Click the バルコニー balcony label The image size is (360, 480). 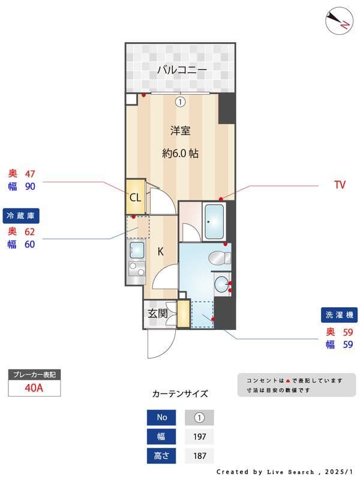pos(182,70)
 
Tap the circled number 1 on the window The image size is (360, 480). pos(179,101)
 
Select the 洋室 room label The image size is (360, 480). pos(180,131)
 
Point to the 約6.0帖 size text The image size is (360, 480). pos(180,153)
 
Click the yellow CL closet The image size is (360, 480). pos(135,197)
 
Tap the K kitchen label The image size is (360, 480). pos(161,252)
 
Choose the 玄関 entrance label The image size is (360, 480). pos(157,313)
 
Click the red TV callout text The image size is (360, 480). pos(340,185)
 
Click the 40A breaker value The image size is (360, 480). pos(34,388)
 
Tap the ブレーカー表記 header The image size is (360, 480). pos(34,375)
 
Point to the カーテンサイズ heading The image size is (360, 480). pos(180,394)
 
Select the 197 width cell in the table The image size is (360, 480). pos(200,437)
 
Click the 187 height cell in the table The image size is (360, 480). pos(200,456)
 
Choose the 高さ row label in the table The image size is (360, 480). pos(162,456)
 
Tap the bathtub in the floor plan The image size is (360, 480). pos(214,221)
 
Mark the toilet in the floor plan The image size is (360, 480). pos(219,258)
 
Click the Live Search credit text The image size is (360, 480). pos(288,472)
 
